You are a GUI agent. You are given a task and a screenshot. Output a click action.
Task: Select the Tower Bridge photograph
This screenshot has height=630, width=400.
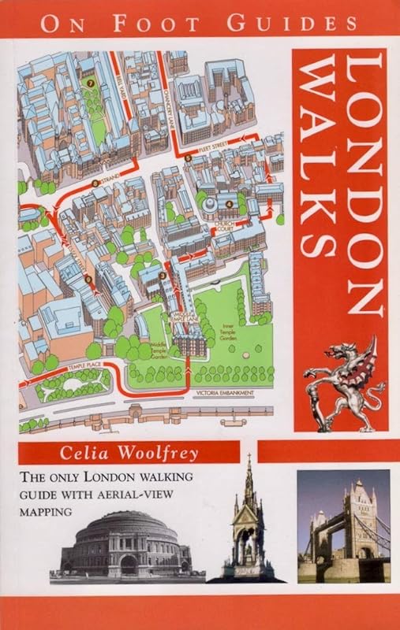342,525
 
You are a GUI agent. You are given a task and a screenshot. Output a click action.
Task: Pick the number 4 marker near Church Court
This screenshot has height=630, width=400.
229,205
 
